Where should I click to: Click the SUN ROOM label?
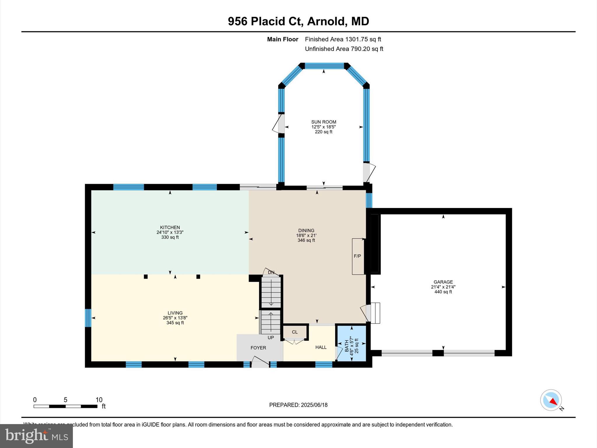click(x=324, y=122)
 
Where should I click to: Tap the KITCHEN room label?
click(x=170, y=227)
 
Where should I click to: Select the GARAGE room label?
click(x=443, y=282)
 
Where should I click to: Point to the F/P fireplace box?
click(x=358, y=256)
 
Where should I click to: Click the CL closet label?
click(x=295, y=332)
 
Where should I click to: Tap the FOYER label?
click(x=258, y=348)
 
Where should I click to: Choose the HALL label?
click(x=321, y=347)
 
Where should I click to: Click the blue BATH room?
click(x=352, y=343)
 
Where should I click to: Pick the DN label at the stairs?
click(x=271, y=272)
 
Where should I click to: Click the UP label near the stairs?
click(x=271, y=337)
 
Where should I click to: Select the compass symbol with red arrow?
click(x=551, y=400)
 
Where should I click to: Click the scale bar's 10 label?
click(x=99, y=400)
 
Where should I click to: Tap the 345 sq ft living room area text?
click(x=175, y=323)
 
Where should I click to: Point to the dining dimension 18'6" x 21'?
click(x=306, y=235)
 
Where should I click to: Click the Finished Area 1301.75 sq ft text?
click(x=343, y=39)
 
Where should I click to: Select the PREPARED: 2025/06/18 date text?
click(x=298, y=405)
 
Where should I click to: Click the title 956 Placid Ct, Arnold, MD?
click(x=298, y=21)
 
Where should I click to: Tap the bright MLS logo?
click(x=36, y=436)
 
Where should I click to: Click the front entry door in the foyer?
click(x=260, y=363)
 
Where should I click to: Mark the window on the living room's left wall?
click(x=88, y=318)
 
